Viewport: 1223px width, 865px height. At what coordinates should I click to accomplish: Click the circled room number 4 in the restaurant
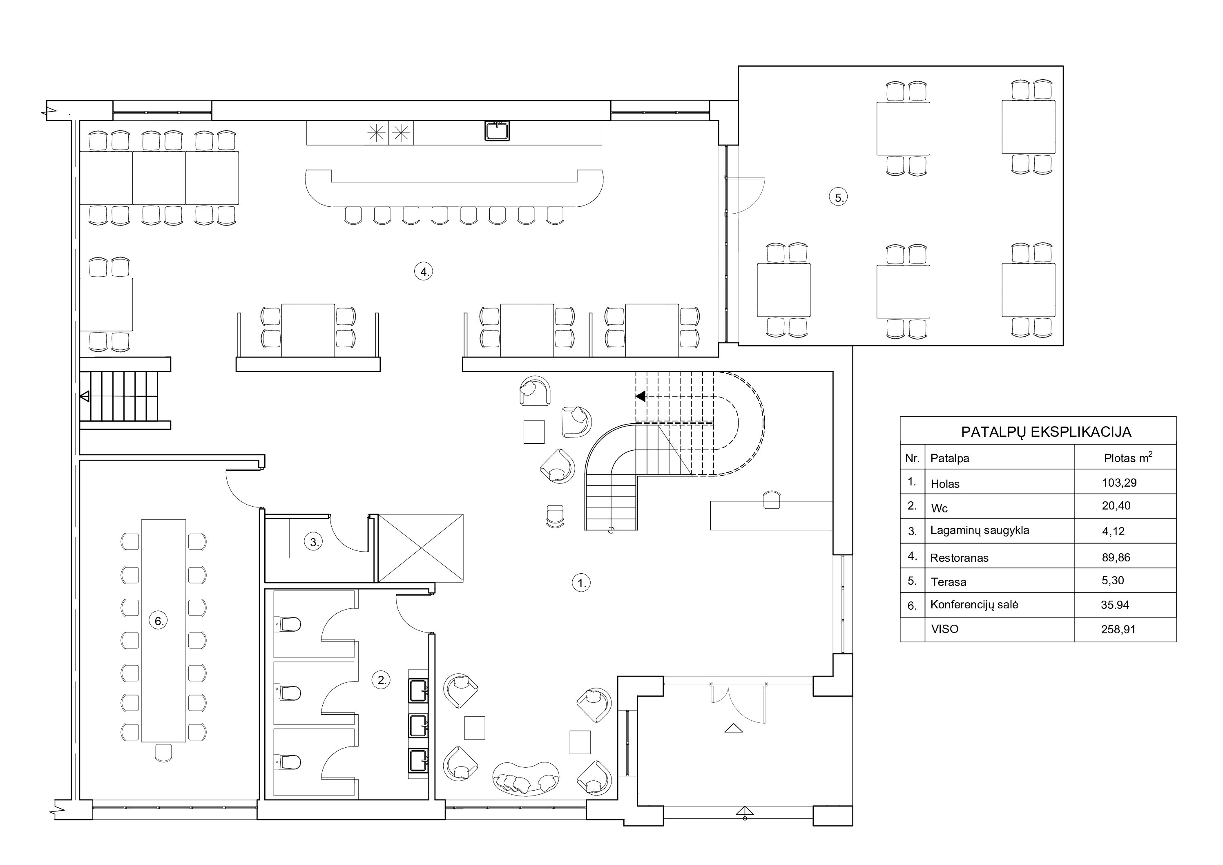[424, 272]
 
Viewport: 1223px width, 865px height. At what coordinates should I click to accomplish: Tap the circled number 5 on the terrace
[839, 198]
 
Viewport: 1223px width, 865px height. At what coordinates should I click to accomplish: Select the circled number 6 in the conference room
[158, 621]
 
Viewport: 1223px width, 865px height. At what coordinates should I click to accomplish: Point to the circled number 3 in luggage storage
[314, 543]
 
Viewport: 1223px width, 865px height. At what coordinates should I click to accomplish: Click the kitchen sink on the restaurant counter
[497, 131]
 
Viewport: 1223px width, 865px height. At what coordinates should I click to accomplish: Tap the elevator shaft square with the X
[420, 548]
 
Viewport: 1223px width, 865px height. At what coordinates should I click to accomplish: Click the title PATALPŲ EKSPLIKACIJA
[1046, 432]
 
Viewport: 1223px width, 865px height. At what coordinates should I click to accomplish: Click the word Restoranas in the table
[959, 558]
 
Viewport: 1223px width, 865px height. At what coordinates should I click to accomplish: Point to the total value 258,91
[1118, 629]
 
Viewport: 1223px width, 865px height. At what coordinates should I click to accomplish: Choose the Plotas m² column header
[1128, 457]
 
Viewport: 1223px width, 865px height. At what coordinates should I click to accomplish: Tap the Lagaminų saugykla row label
[980, 531]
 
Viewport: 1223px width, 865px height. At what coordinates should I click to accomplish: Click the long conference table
[163, 630]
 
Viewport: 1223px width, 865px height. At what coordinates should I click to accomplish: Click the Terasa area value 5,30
[1113, 580]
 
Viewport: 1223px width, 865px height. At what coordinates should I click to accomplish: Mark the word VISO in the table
[944, 629]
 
